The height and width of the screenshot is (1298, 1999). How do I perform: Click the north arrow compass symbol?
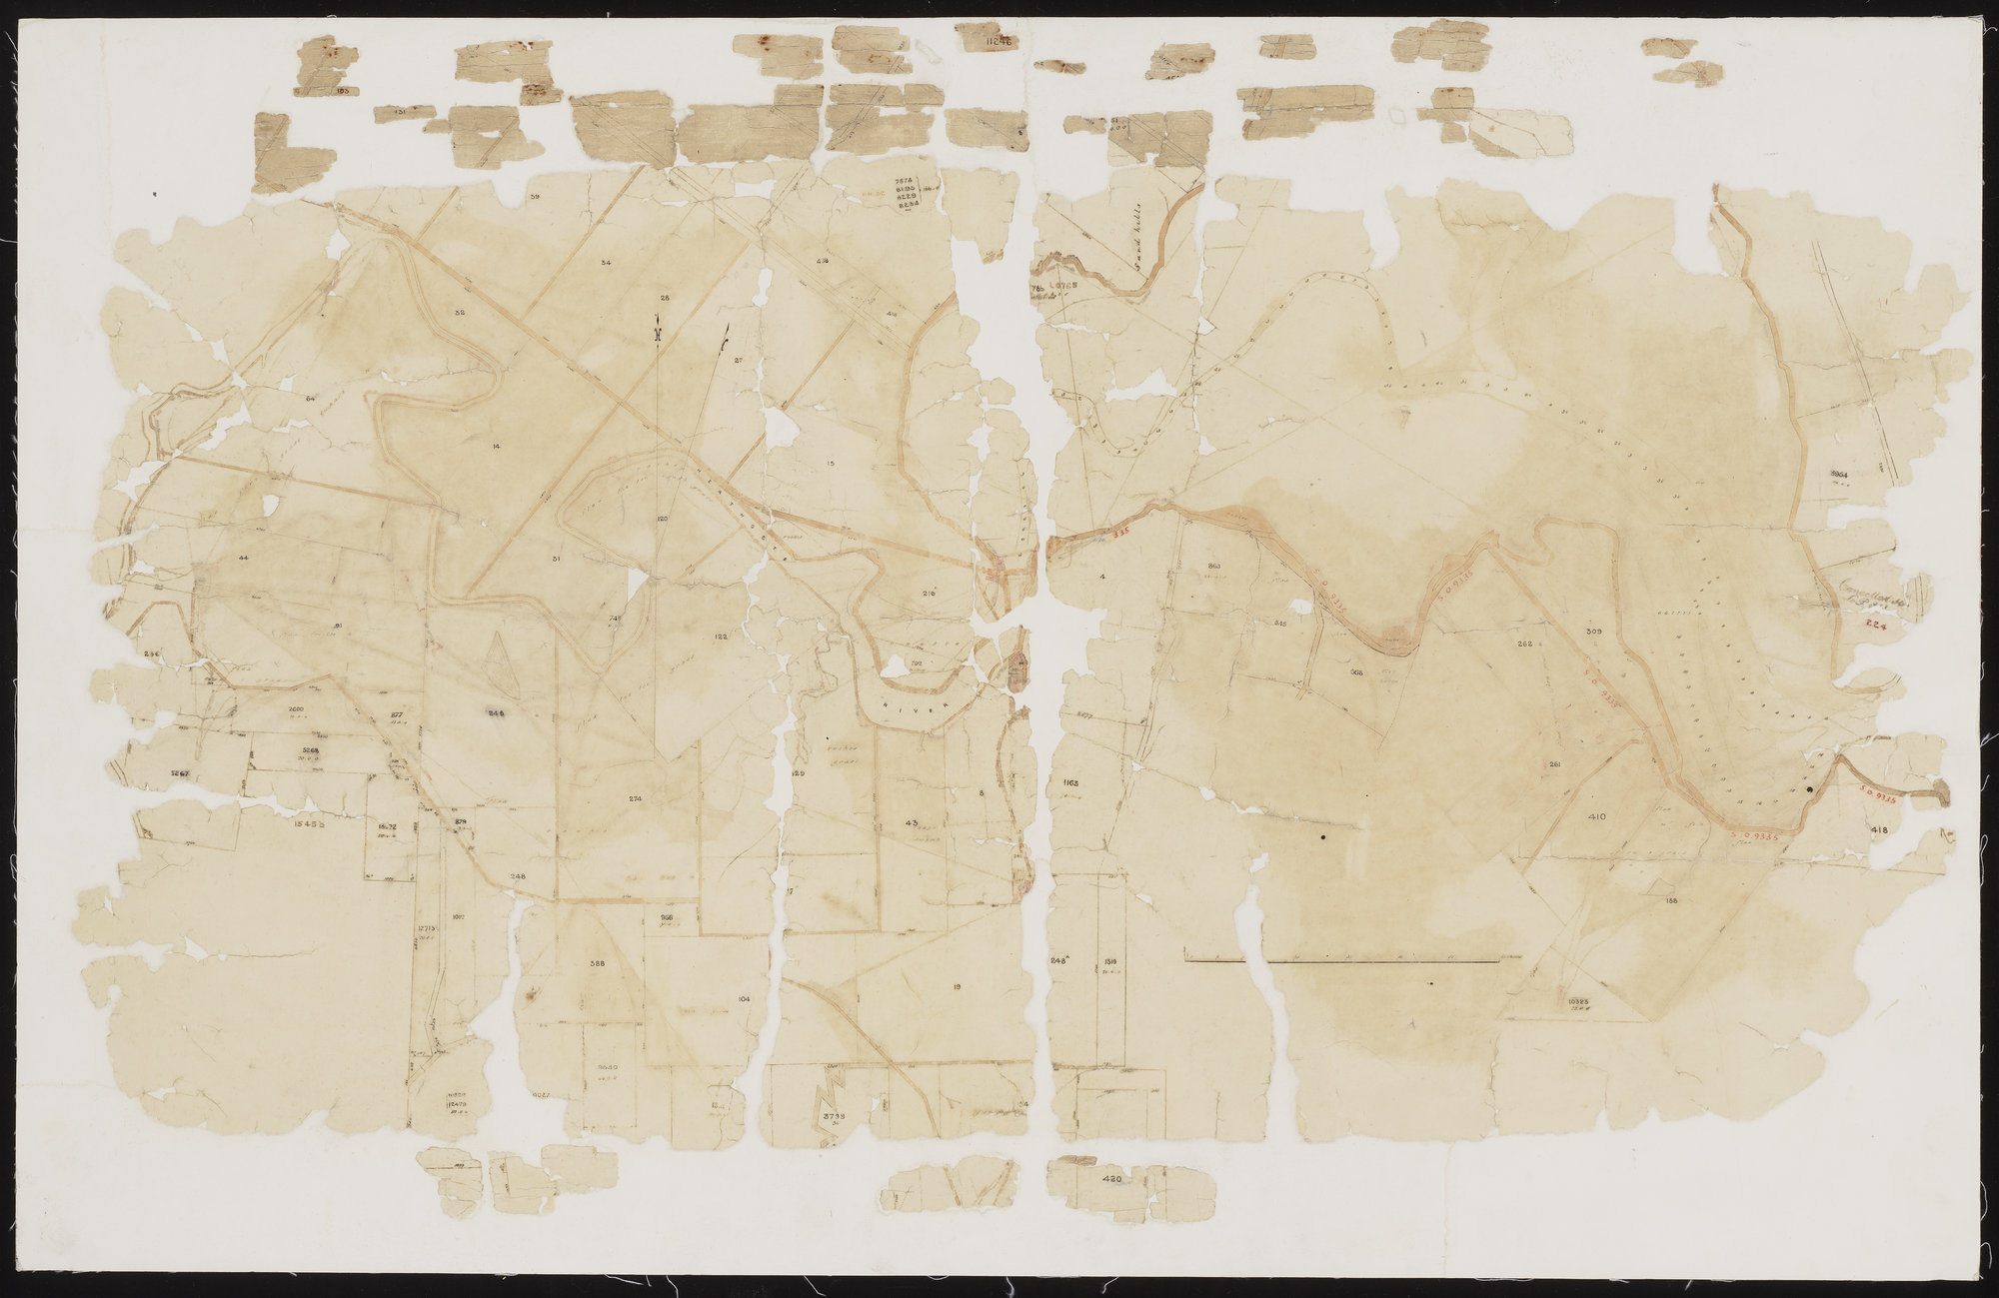coord(658,329)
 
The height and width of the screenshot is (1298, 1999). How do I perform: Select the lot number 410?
coord(1595,817)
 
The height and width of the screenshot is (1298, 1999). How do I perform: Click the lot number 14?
coord(496,446)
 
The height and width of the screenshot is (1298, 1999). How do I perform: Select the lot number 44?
coord(244,556)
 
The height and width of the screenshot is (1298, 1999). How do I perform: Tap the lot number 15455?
coord(312,824)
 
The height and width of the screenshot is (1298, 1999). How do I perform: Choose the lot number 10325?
coord(1580,998)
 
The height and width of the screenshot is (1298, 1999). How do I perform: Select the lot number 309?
coord(1594,632)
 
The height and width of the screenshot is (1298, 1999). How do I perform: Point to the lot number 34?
coord(606,262)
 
